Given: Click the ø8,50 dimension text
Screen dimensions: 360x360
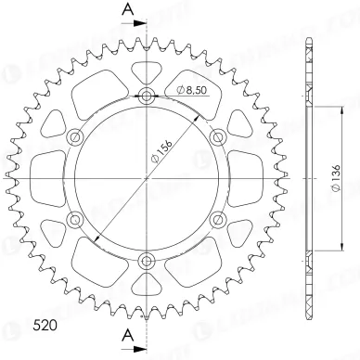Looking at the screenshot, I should pos(191,89).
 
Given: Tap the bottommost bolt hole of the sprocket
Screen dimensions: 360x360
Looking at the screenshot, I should pos(147,260).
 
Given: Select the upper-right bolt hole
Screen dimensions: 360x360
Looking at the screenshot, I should pos(218,136).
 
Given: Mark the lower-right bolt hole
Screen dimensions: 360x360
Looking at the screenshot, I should pos(218,219).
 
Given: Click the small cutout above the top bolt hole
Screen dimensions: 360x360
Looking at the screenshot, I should pos(147,70).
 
